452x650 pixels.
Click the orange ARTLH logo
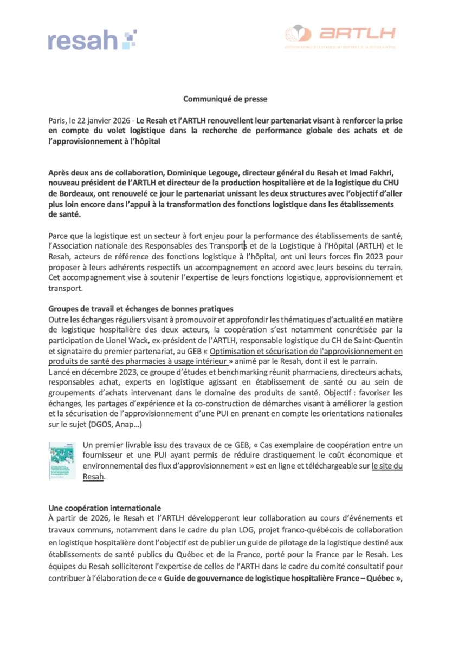[x=340, y=34]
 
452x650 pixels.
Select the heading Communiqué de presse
[x=225, y=99]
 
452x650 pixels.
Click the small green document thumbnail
[x=61, y=460]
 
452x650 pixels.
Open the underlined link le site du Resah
[x=386, y=466]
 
